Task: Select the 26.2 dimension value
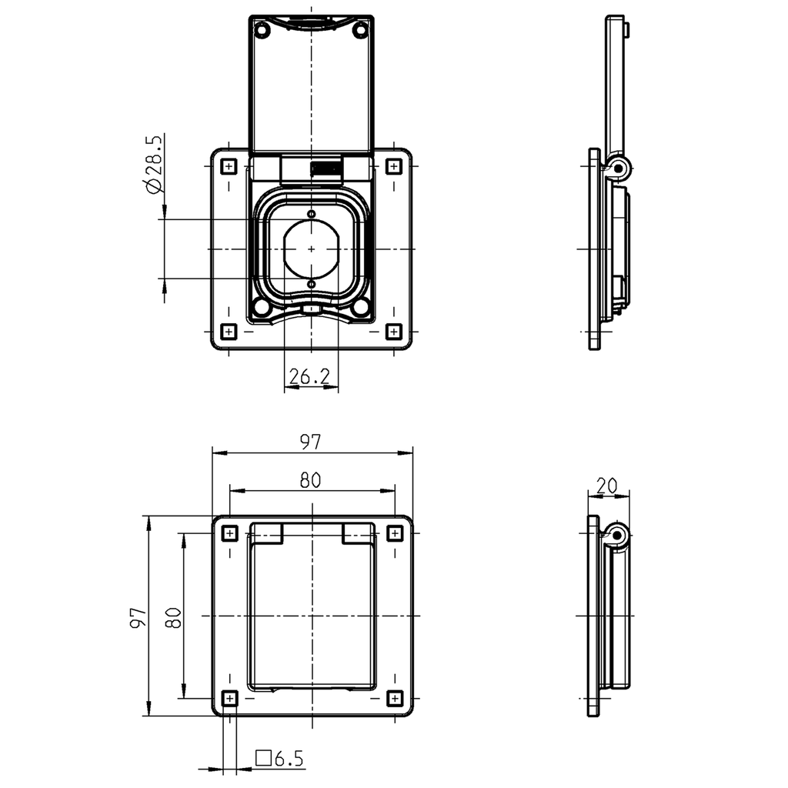[309, 376]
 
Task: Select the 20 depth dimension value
[606, 485]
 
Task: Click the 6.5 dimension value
[289, 760]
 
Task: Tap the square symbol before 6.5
[264, 759]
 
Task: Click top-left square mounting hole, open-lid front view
[229, 166]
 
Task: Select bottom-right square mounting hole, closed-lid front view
[394, 698]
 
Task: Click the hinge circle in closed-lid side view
[617, 534]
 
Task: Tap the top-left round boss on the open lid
[262, 30]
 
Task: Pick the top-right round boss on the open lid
[359, 30]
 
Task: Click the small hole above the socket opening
[311, 213]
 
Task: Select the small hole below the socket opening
[311, 285]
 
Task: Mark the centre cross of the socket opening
[311, 249]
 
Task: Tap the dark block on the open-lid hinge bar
[326, 169]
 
